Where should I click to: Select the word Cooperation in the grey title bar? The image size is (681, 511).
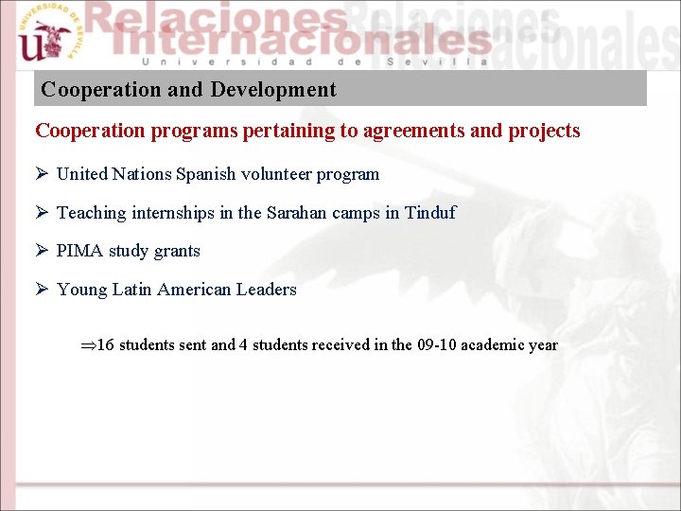101,90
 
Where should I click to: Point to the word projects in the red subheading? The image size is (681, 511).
544,131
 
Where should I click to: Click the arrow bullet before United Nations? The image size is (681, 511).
42,174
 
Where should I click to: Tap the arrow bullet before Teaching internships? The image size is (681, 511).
42,213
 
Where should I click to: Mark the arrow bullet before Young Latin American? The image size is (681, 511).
42,290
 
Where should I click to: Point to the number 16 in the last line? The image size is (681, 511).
105,344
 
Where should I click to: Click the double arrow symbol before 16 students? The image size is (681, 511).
88,345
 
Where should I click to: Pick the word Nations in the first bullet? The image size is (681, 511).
142,174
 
